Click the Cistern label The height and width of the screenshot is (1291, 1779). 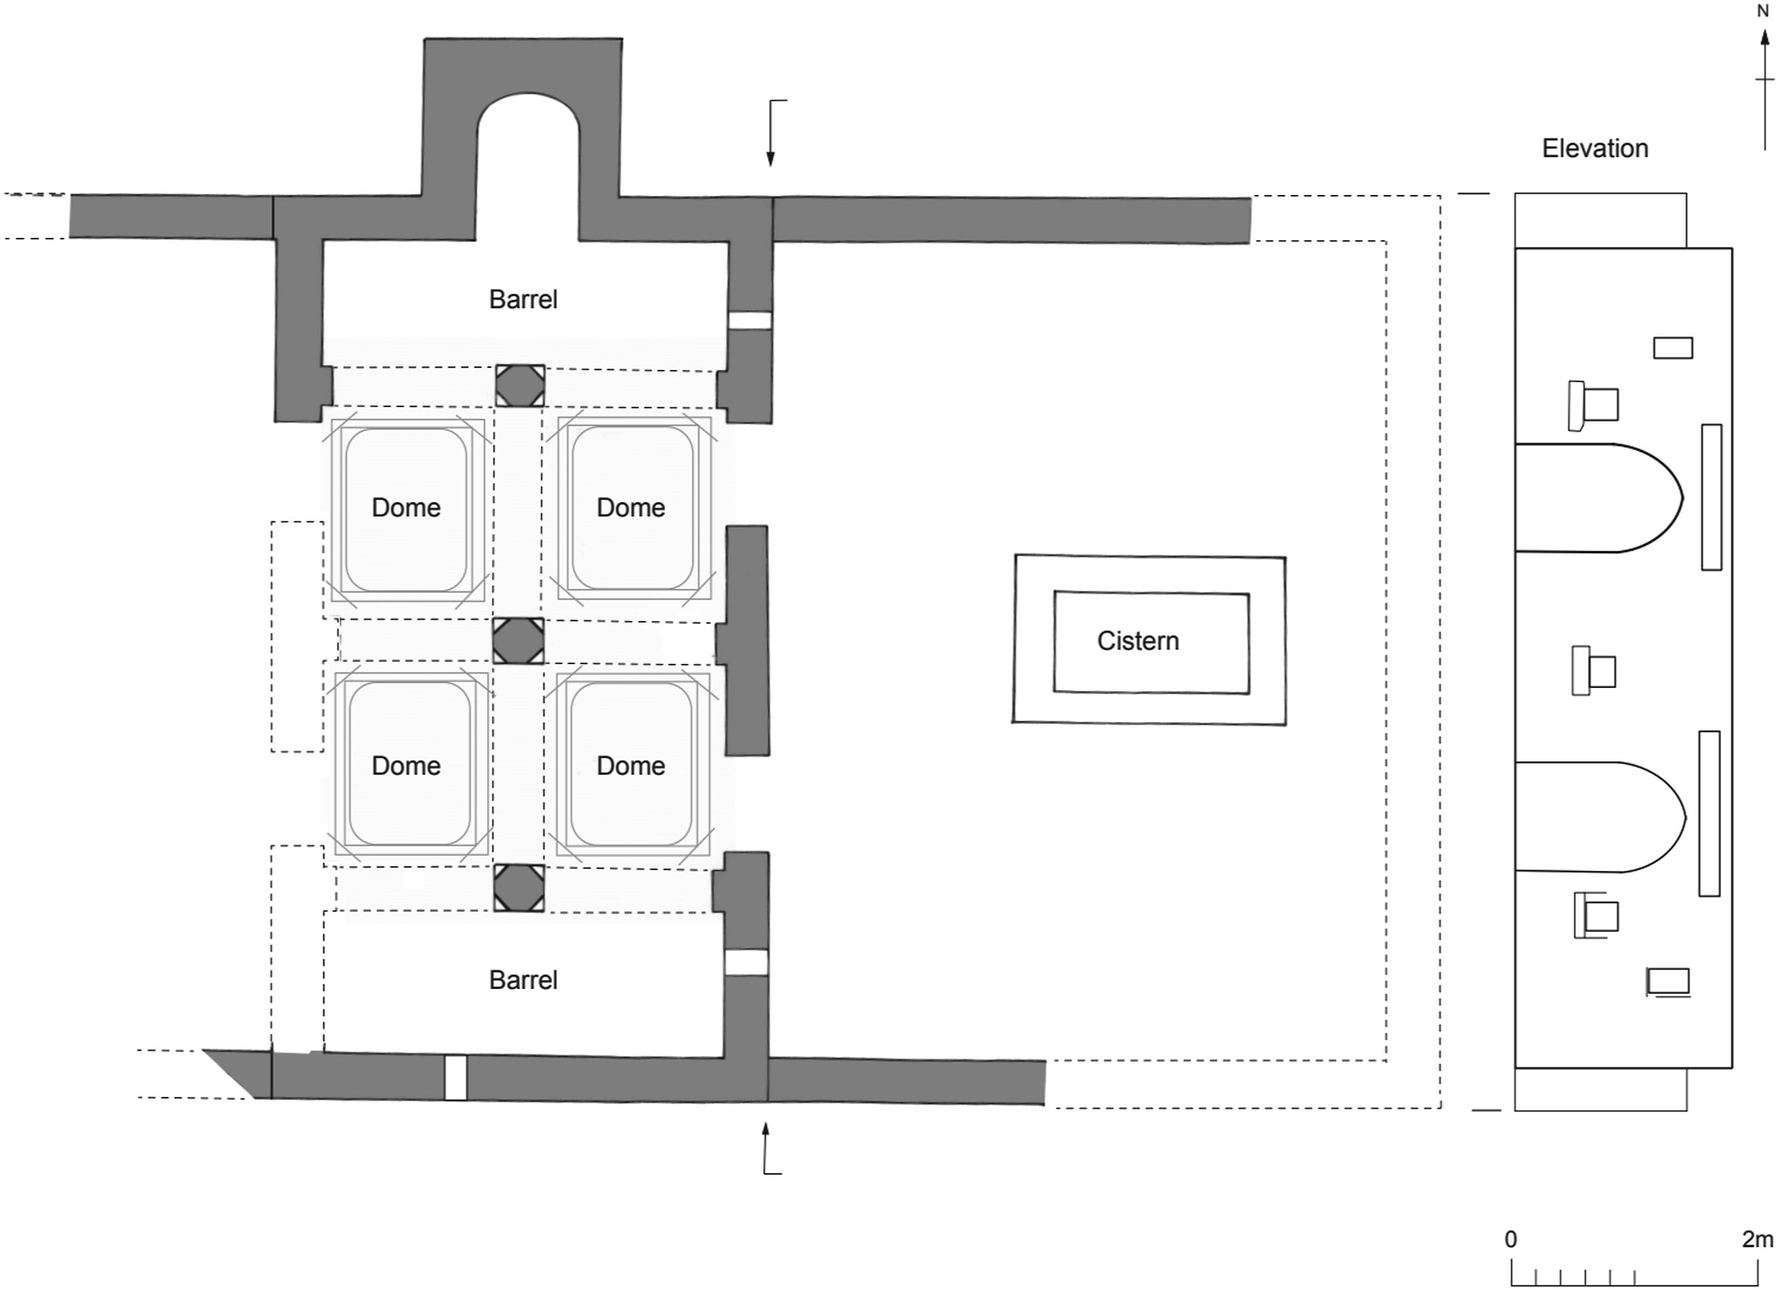1137,641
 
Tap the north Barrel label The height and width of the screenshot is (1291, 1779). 523,299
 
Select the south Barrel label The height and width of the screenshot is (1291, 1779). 523,980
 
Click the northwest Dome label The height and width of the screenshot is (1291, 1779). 405,507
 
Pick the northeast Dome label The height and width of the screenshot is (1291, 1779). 630,507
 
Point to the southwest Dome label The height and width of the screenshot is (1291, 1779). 405,765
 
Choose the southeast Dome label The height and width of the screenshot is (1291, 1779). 630,765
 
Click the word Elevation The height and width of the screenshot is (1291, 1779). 1595,148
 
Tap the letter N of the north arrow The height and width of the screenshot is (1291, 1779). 1763,12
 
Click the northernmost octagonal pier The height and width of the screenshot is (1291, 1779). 520,386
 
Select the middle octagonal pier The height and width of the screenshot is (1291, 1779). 518,641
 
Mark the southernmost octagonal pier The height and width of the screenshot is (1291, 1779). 520,888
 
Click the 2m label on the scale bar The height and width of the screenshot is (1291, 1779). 1757,1239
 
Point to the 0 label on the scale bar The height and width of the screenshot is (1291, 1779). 1511,1239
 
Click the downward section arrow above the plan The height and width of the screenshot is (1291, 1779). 771,133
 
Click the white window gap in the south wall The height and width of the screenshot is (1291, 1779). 456,1078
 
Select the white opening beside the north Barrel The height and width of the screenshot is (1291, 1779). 750,320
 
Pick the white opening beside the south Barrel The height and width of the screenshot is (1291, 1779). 746,963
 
